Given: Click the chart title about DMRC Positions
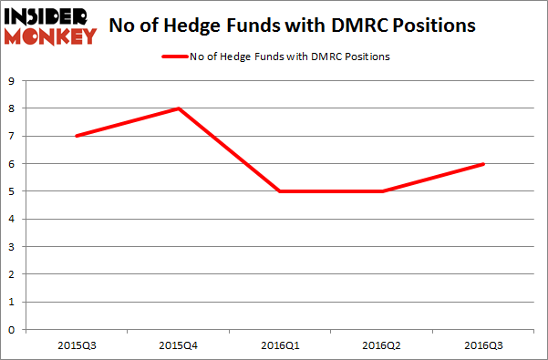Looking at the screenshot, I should click(x=292, y=26).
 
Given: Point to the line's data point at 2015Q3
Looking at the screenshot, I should click(x=77, y=136).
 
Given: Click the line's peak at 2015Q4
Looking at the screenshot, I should click(x=179, y=108).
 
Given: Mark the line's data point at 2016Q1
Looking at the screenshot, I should click(x=281, y=191).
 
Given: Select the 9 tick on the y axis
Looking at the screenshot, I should click(x=11, y=81).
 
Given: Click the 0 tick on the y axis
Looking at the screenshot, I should click(x=11, y=330).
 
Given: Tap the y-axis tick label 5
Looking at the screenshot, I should click(x=11, y=191).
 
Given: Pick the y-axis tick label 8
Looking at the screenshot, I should click(x=11, y=108).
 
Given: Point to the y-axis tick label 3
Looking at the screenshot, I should click(x=11, y=247).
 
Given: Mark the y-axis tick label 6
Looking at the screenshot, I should click(x=11, y=164).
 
